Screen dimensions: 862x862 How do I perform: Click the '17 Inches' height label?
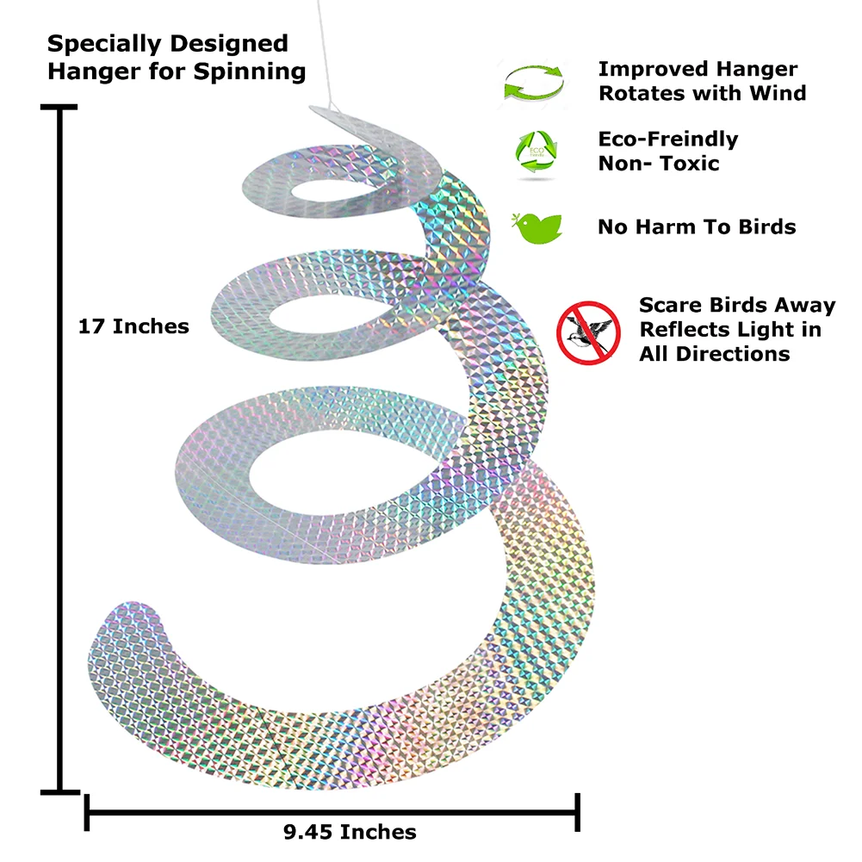tap(133, 326)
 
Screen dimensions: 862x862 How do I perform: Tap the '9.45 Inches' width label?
tap(350, 832)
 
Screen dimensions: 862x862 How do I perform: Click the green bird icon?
tap(536, 227)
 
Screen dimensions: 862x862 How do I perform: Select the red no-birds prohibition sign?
tap(588, 332)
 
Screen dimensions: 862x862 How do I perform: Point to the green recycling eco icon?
tap(536, 152)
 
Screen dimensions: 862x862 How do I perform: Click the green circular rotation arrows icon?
tap(534, 84)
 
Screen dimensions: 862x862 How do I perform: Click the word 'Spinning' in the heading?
tap(250, 72)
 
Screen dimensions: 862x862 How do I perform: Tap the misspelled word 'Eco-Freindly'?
tap(668, 140)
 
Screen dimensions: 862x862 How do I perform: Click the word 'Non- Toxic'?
tap(659, 164)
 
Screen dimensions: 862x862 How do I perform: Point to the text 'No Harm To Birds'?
tap(697, 227)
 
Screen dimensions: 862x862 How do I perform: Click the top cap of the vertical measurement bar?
tap(59, 107)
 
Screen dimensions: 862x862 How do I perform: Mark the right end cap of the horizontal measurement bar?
tap(577, 812)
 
